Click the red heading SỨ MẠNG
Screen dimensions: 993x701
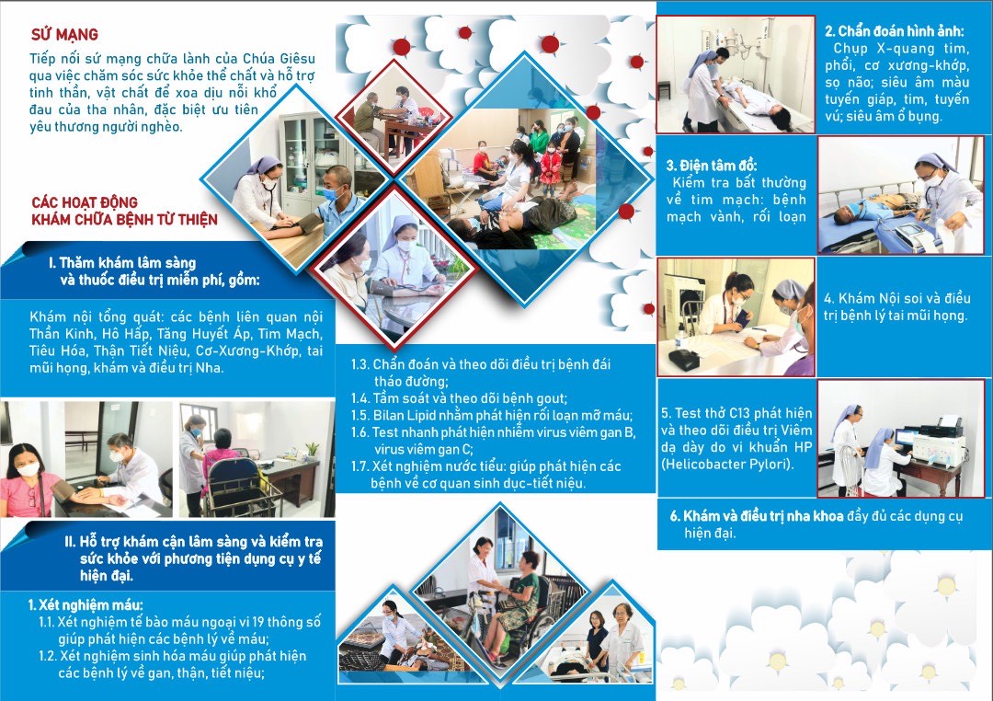click(64, 34)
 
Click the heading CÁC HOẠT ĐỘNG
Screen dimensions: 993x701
click(85, 202)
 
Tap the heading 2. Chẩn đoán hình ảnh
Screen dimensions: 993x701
click(894, 31)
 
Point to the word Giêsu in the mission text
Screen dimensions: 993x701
click(296, 59)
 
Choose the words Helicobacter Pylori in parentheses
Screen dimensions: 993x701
click(727, 465)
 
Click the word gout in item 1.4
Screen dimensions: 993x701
click(551, 398)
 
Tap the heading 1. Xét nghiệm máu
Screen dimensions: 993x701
click(86, 604)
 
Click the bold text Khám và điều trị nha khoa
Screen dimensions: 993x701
click(756, 517)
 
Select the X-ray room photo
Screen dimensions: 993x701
click(736, 75)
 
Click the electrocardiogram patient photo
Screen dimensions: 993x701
click(900, 195)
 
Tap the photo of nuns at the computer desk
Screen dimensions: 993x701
click(900, 439)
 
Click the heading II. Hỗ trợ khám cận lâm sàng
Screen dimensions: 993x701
click(194, 542)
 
